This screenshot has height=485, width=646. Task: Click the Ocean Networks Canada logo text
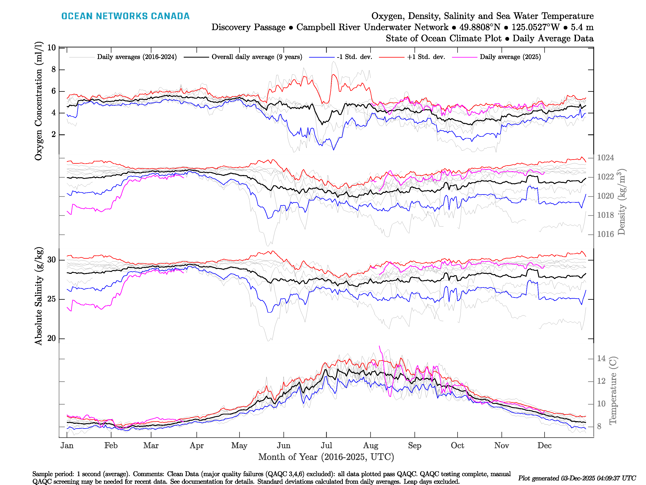[125, 16]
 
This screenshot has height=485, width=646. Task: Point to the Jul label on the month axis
[326, 446]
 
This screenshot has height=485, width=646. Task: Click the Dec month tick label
[544, 446]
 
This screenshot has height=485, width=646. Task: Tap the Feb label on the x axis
[111, 446]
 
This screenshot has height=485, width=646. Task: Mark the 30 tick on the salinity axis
[51, 260]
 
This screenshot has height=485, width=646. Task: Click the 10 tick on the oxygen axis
[51, 48]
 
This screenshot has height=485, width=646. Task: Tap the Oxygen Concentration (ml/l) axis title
[39, 101]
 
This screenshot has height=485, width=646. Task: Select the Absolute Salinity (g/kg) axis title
[39, 296]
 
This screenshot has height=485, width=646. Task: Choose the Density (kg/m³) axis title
[621, 202]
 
